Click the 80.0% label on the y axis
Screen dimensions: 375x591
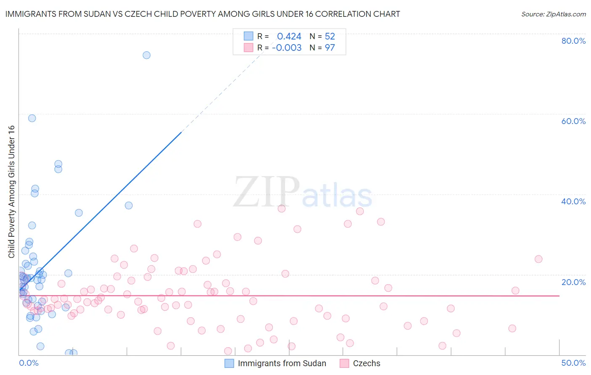pos(573,41)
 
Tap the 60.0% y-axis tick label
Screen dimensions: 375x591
pos(573,121)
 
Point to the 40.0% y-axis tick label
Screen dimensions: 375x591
pos(573,201)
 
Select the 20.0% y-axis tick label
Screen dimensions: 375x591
pos(573,282)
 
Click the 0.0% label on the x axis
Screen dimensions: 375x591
pos(29,363)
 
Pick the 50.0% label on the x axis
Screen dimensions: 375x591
pos(573,363)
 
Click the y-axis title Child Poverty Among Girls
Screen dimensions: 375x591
pos(11,192)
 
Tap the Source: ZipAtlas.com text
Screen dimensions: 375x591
pos(553,14)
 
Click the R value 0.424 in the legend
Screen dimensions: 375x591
pos(289,36)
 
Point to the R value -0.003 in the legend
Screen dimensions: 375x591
pos(287,48)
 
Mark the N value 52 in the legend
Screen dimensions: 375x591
pos(330,36)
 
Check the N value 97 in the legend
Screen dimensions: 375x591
pos(330,48)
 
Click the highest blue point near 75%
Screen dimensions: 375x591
pos(146,55)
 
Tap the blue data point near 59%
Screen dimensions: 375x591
pos(32,118)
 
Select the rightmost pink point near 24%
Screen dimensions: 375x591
pos(538,259)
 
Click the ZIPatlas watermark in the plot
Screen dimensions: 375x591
pos(303,193)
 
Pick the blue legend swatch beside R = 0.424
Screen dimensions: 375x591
pos(248,36)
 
